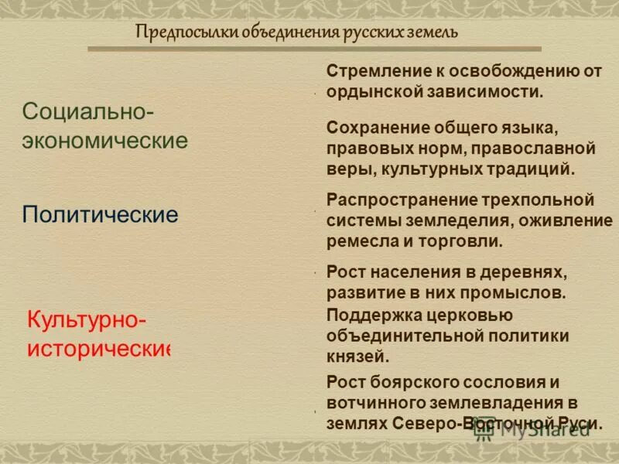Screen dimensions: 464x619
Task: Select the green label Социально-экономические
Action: (105, 126)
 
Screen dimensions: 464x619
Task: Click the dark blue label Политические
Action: (101, 214)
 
